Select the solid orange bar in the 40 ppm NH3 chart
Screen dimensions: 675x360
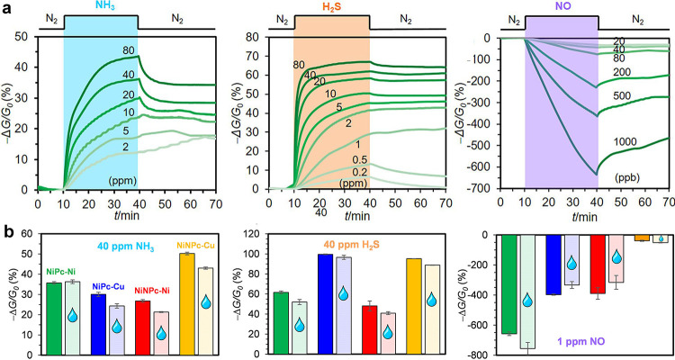click(x=187, y=304)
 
